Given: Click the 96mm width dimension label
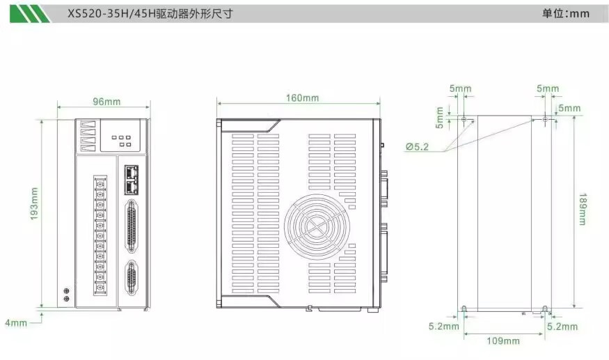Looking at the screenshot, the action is point(106,102).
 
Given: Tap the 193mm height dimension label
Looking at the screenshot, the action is point(35,203).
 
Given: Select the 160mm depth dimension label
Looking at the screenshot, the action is point(302,98).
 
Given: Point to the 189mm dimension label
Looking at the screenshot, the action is point(583,209).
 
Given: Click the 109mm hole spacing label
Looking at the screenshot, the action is point(503,341).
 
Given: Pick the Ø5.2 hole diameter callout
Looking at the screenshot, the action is point(417,146).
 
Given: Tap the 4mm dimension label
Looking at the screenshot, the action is point(16,322).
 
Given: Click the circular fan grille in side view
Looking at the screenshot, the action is point(317,226).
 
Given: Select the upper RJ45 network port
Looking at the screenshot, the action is point(132,172).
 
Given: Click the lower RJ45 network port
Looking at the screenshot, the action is point(132,187).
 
